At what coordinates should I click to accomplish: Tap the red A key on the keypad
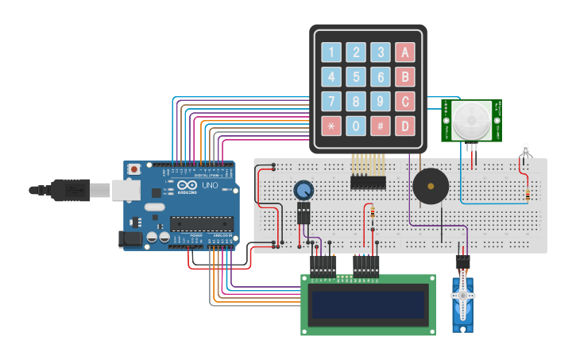pyautogui.click(x=405, y=53)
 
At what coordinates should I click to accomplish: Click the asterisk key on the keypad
pyautogui.click(x=331, y=126)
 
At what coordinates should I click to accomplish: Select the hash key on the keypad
pyautogui.click(x=381, y=126)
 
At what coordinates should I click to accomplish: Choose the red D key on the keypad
pyautogui.click(x=405, y=126)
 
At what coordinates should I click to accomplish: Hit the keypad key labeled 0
pyautogui.click(x=356, y=126)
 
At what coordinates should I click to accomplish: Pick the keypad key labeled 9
pyautogui.click(x=381, y=102)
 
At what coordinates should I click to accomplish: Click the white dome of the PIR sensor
pyautogui.click(x=472, y=120)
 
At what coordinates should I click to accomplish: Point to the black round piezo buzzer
pyautogui.click(x=430, y=187)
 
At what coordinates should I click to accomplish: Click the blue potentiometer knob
pyautogui.click(x=303, y=191)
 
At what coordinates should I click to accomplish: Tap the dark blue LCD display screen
pyautogui.click(x=368, y=305)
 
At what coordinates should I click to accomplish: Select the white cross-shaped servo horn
pyautogui.click(x=462, y=296)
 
